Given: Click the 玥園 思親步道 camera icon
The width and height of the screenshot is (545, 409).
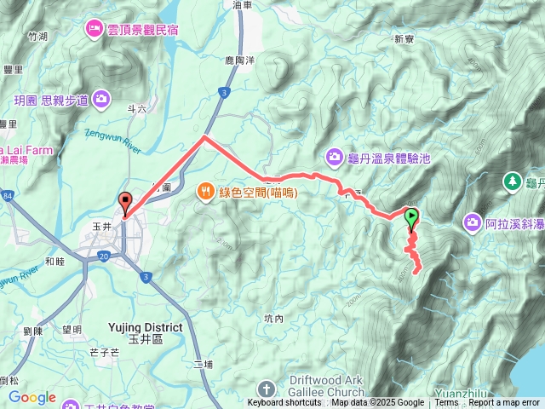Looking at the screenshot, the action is tap(101, 100).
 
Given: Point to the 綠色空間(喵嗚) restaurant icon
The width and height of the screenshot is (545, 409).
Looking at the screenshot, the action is tap(205, 191).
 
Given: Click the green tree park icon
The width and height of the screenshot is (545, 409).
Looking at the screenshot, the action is tap(512, 181).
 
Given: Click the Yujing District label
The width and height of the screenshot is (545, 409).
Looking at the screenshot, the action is tap(146, 327).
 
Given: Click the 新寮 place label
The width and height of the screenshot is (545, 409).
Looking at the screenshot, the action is tap(404, 38).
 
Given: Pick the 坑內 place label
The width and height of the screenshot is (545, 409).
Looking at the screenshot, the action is tap(273, 318).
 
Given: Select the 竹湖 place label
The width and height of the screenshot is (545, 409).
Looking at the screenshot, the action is tap(37, 37).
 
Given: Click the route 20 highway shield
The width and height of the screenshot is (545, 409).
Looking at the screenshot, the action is tap(102, 255).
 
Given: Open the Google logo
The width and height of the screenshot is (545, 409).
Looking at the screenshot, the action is tap(32, 397).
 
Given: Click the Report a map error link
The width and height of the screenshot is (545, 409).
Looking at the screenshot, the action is tap(505, 403).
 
